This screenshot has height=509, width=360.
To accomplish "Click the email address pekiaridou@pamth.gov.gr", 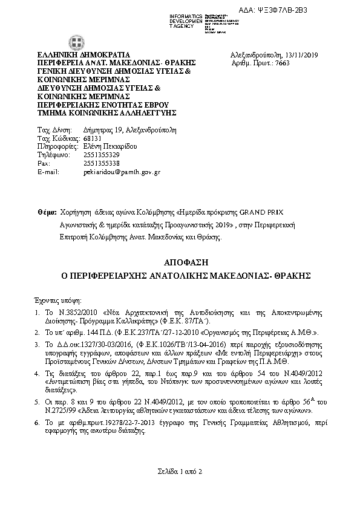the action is pos(121,172).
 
